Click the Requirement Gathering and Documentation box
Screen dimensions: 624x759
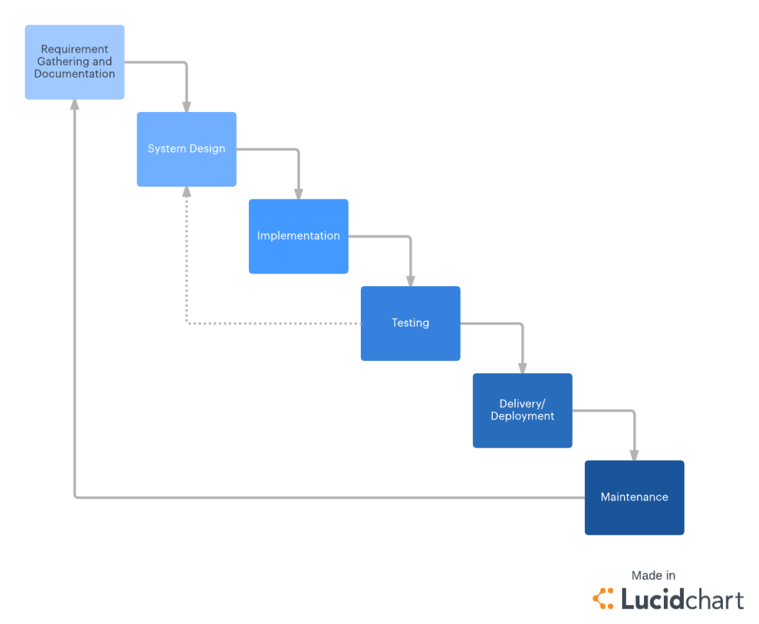75,62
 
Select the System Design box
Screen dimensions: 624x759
187,149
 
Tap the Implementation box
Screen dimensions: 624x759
298,236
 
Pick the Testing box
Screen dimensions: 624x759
410,323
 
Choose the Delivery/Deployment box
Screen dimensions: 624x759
522,410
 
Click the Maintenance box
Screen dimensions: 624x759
634,497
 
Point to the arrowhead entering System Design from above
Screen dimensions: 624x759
187,107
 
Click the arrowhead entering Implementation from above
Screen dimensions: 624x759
298,194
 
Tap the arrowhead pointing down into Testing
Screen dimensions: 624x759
410,282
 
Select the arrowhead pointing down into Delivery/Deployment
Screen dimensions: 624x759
522,369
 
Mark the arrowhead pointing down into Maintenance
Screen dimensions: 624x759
634,455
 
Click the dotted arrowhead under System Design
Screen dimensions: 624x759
187,192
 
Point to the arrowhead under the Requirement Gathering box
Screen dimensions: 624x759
75,105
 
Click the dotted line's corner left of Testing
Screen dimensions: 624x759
187,323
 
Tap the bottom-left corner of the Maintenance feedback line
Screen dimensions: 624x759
75,497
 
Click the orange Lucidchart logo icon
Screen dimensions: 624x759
603,598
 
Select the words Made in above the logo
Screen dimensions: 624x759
653,576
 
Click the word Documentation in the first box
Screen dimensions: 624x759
75,74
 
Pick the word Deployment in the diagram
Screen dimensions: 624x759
522,416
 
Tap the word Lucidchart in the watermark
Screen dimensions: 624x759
682,599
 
